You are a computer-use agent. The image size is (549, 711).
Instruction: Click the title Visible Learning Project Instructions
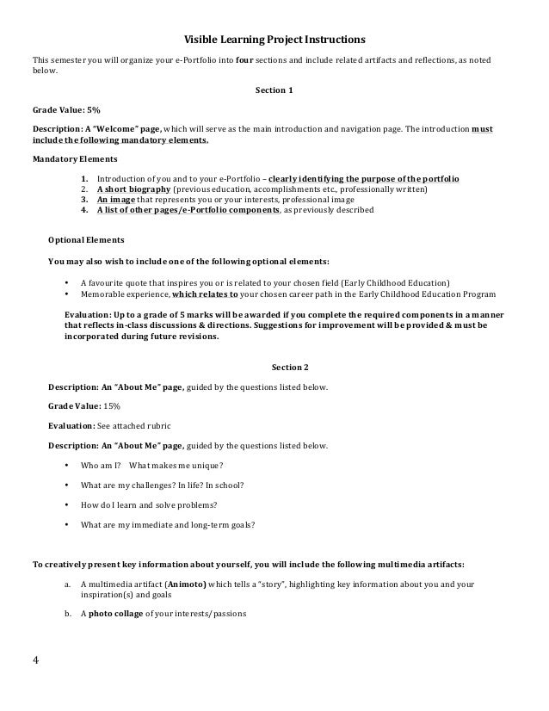click(274, 40)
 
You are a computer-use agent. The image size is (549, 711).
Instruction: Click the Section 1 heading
click(274, 90)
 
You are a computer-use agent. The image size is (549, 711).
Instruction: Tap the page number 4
click(36, 662)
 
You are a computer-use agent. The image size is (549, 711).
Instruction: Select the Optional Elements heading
click(86, 239)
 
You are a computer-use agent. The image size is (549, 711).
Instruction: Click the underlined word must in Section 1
click(483, 128)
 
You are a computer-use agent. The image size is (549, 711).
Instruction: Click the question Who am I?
click(95, 465)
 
